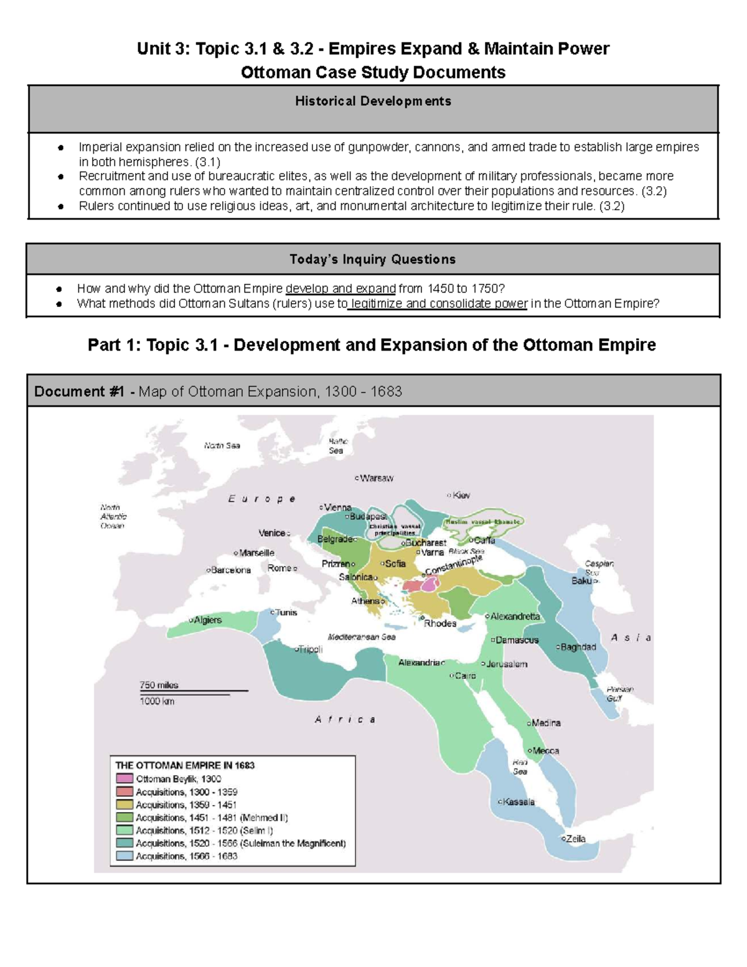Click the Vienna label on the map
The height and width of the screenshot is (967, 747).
tap(337, 507)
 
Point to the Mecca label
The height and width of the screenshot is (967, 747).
tap(545, 751)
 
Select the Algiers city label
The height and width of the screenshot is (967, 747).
tap(207, 620)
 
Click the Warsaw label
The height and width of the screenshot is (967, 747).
tap(376, 478)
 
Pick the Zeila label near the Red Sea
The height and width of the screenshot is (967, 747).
tap(575, 839)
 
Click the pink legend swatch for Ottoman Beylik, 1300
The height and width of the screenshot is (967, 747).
tap(125, 778)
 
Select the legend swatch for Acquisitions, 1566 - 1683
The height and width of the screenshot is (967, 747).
tap(125, 856)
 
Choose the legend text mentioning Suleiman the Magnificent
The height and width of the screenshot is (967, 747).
tap(240, 843)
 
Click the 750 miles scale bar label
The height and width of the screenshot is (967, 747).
tap(159, 685)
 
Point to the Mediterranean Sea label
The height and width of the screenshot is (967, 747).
tap(361, 637)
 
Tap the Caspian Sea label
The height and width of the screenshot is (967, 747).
tap(599, 568)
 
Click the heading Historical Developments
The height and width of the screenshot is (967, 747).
tap(373, 101)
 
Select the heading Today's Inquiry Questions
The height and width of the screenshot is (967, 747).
tap(372, 259)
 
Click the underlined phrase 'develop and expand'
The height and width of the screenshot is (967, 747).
tap(341, 288)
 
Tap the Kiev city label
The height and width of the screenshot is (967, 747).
tap(461, 496)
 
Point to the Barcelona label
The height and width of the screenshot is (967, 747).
tap(230, 570)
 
